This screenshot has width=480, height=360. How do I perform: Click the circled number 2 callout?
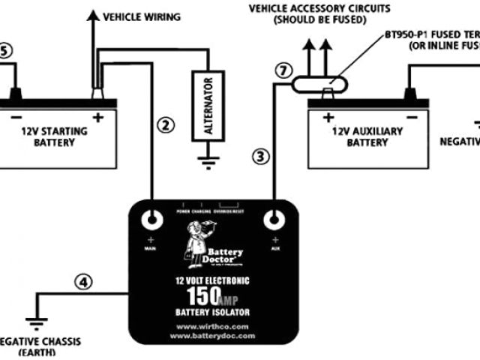(167, 124)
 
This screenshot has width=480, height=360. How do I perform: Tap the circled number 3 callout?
(260, 156)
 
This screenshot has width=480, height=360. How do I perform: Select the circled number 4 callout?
(85, 283)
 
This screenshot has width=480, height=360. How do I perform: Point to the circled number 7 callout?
(282, 72)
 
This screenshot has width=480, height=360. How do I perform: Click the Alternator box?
(208, 105)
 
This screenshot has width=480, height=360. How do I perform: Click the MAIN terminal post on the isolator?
(153, 220)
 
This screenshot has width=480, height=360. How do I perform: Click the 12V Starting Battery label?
(54, 136)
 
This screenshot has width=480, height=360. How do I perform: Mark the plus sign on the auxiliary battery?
(328, 117)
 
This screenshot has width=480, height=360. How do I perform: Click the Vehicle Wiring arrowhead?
(93, 15)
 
